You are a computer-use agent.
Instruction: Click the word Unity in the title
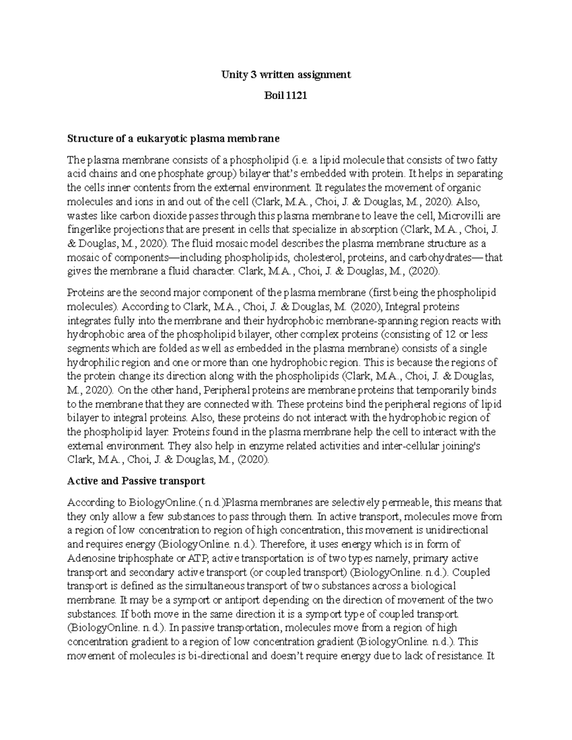(x=232, y=74)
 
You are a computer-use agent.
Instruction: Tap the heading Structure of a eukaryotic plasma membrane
(x=173, y=139)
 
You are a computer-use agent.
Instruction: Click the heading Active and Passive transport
(x=136, y=480)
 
